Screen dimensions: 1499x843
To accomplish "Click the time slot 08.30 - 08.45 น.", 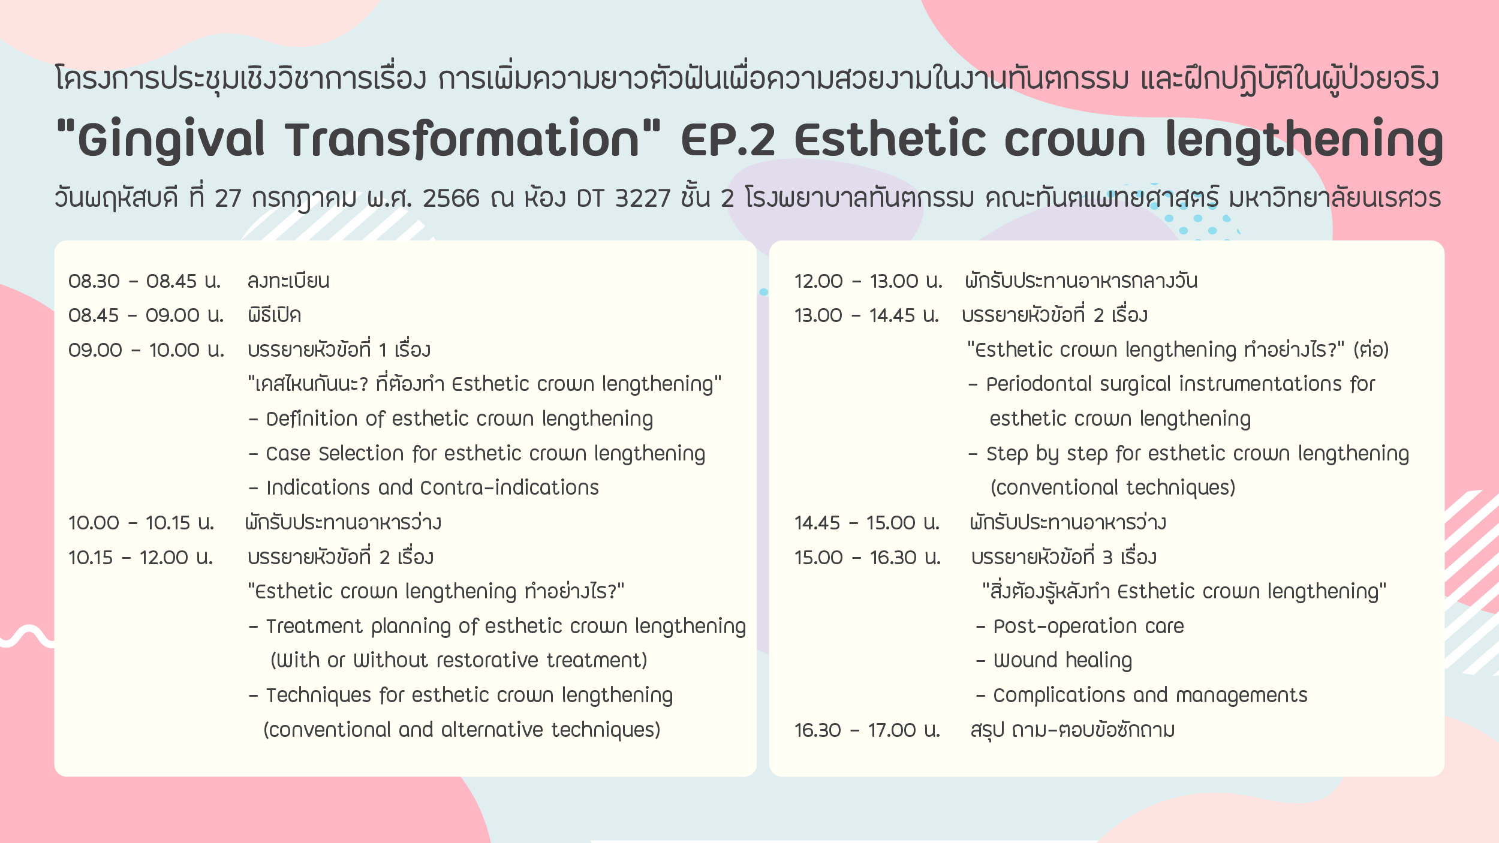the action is [x=145, y=281].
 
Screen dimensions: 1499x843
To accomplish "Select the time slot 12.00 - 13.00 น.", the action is [x=868, y=281].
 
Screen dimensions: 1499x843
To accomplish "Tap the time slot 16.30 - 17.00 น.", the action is [x=867, y=730].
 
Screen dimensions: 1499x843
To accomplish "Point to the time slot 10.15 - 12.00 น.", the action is [x=141, y=557].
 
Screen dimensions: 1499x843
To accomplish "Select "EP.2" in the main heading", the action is [x=728, y=139].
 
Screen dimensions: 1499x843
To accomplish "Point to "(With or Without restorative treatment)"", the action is [x=459, y=660].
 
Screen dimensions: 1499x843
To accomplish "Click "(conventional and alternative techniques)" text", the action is [x=462, y=730].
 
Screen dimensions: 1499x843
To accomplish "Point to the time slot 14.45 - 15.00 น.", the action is [x=867, y=522].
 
